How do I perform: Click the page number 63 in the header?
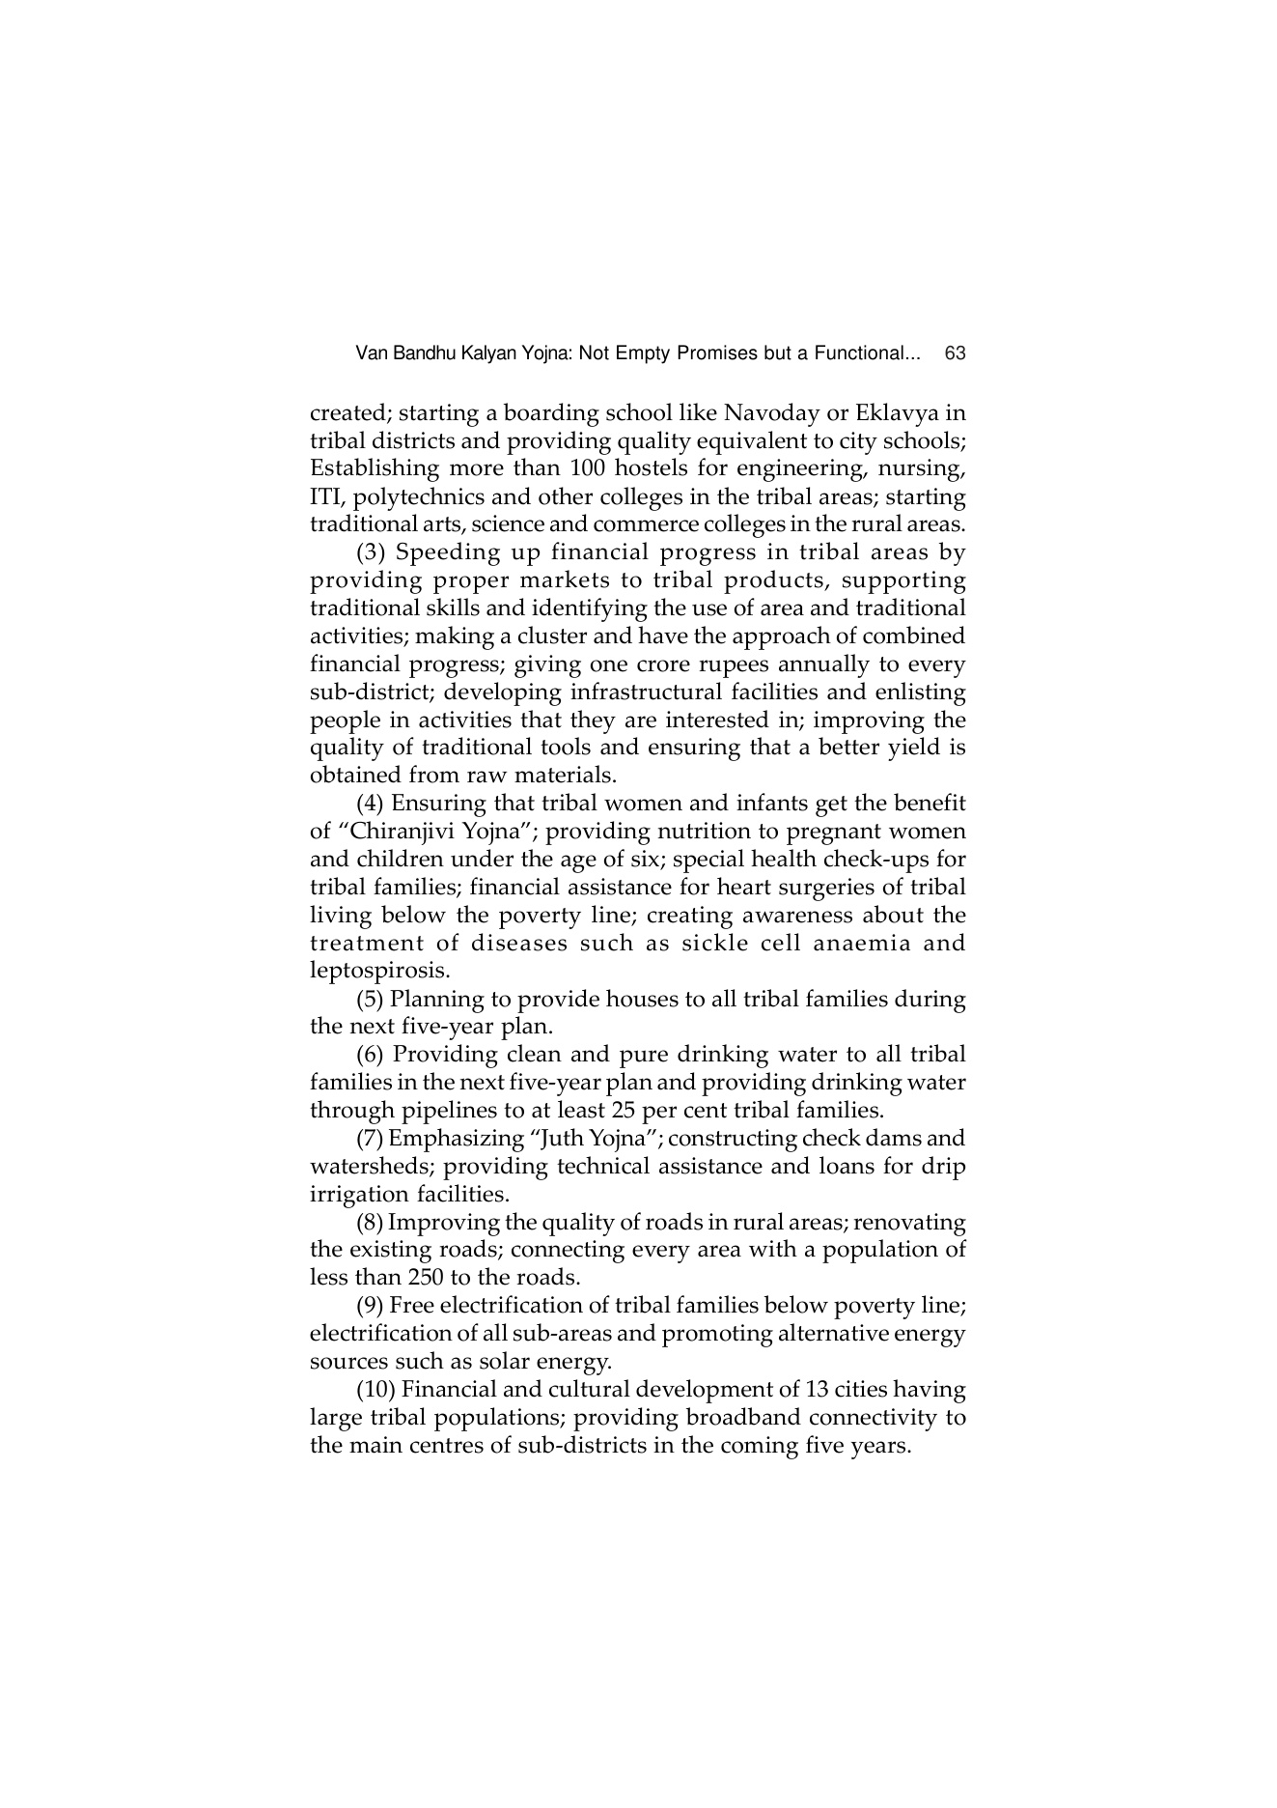click(956, 353)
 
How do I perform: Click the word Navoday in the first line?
click(768, 413)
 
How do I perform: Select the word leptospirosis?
click(379, 971)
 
